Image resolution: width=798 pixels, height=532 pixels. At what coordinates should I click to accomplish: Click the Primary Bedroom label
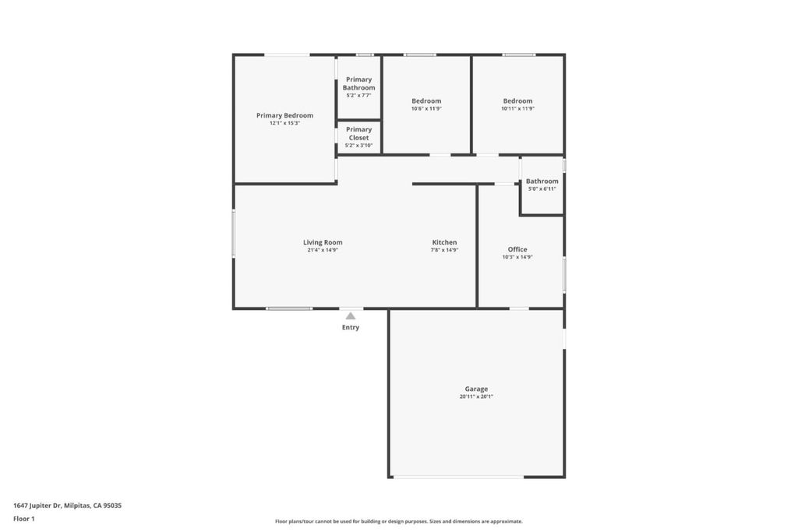[x=284, y=115]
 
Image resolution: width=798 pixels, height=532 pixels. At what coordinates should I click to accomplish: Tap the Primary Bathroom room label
[x=358, y=83]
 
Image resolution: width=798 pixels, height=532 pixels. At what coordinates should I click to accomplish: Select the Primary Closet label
[x=358, y=133]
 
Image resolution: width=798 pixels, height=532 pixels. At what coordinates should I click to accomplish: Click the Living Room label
[x=323, y=242]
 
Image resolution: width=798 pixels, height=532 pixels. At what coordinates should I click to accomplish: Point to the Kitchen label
[x=444, y=242]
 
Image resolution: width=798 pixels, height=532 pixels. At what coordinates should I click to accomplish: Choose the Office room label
[x=517, y=249]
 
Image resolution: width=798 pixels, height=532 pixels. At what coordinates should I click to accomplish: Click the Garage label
[x=476, y=389]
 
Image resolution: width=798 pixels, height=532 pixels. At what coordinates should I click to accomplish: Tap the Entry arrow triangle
[x=351, y=315]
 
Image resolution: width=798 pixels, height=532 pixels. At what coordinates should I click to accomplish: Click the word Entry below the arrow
[x=351, y=328]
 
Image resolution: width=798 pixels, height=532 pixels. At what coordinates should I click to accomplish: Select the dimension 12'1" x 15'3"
[x=284, y=123]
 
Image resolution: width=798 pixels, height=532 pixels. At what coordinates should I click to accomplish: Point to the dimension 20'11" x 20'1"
[x=476, y=396]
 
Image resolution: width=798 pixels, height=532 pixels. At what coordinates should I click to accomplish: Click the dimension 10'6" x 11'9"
[x=426, y=108]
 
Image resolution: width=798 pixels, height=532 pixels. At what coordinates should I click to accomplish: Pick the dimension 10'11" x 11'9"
[x=518, y=108]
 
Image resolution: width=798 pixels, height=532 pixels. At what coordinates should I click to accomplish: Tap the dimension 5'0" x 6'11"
[x=542, y=188]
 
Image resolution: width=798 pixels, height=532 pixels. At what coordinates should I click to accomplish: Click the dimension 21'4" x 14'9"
[x=323, y=250]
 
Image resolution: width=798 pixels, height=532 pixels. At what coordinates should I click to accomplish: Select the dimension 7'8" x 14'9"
[x=444, y=250]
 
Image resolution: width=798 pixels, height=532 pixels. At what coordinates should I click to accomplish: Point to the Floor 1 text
[x=24, y=519]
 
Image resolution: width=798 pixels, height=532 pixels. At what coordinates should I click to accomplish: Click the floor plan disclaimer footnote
[x=399, y=521]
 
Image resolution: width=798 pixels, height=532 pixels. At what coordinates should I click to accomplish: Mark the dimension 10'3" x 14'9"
[x=517, y=257]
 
